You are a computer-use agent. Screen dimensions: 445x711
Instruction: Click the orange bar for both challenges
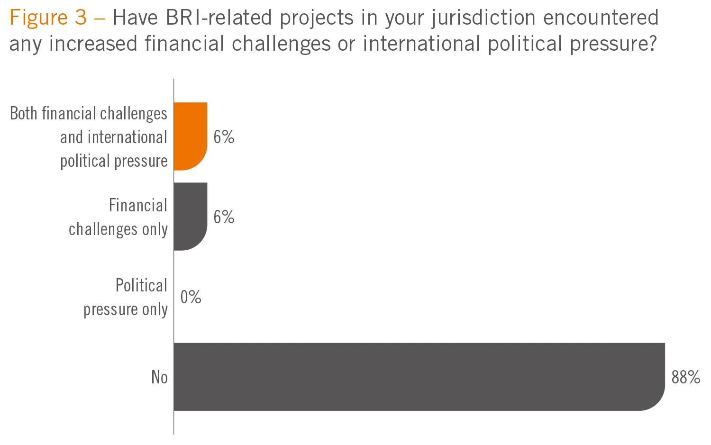191,136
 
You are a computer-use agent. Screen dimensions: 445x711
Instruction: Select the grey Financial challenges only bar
191,217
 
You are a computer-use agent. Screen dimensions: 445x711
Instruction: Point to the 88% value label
685,377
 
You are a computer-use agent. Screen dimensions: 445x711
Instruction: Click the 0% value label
191,297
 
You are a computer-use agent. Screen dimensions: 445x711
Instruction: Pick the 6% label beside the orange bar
224,137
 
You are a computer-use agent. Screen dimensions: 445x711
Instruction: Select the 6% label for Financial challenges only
224,217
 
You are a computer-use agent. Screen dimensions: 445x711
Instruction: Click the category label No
159,377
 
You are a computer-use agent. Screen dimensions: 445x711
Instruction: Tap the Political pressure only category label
126,297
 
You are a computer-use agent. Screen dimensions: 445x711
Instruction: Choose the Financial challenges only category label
118,217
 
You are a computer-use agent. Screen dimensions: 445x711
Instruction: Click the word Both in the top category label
23,114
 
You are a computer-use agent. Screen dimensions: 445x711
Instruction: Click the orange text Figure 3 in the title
48,18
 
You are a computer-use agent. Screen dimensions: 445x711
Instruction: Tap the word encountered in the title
601,18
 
